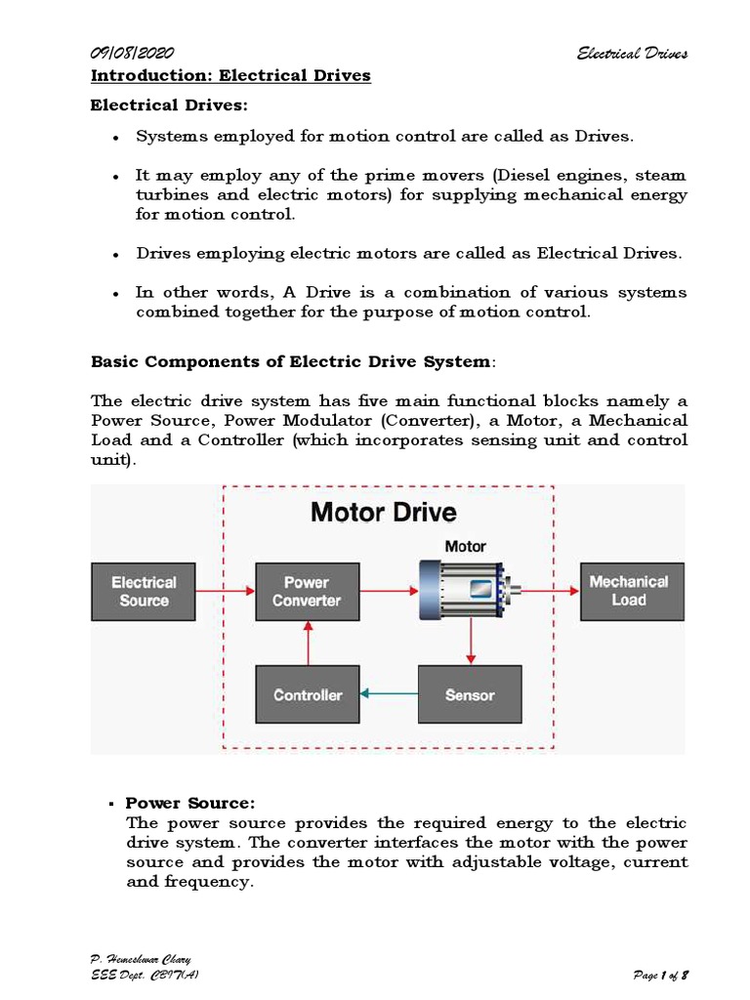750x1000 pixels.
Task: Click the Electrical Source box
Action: point(144,591)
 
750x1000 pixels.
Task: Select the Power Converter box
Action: point(307,591)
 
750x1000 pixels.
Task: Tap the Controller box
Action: point(307,695)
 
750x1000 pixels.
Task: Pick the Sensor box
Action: point(470,695)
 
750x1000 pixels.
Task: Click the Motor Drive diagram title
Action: point(383,512)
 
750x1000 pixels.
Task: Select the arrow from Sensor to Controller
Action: point(388,694)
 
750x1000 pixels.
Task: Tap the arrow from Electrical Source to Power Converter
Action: point(226,590)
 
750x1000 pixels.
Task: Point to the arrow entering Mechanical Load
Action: point(551,590)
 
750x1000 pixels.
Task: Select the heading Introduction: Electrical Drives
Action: point(230,75)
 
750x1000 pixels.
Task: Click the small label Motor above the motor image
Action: point(465,547)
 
